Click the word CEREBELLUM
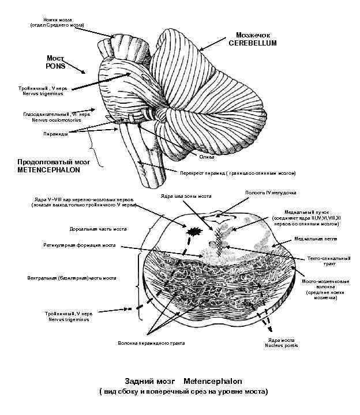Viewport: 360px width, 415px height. click(x=253, y=43)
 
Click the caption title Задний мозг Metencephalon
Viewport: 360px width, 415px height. click(x=183, y=381)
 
